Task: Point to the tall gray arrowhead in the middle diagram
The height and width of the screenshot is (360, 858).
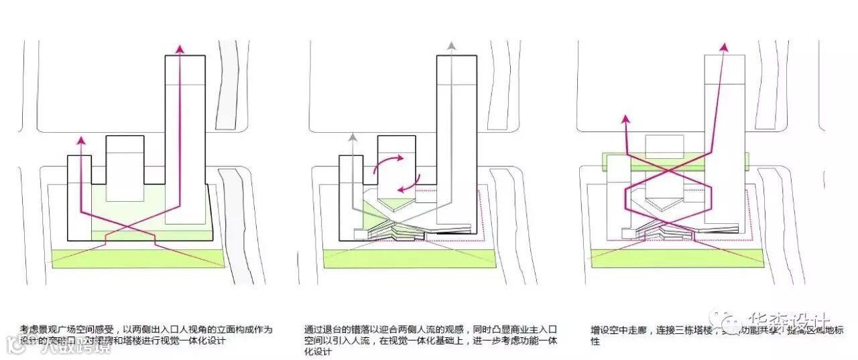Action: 452,47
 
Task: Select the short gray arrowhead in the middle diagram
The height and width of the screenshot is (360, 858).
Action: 351,139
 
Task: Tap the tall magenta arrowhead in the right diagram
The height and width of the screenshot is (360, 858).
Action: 724,47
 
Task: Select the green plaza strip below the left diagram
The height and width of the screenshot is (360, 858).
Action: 137,258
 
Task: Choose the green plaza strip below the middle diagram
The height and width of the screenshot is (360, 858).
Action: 406,258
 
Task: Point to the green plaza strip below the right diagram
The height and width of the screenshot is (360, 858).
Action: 677,258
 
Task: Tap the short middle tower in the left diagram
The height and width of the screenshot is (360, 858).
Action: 125,168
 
